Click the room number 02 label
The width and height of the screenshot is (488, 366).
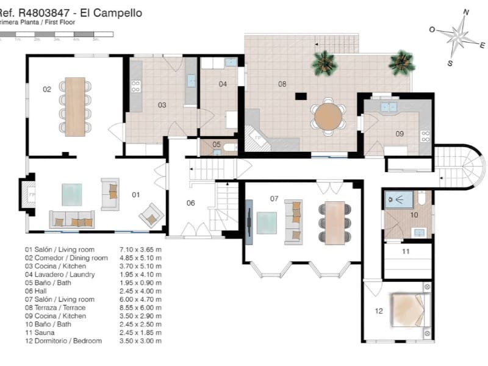pos(47,89)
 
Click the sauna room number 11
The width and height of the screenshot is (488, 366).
pos(406,251)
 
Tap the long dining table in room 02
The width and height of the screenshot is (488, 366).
pos(76,106)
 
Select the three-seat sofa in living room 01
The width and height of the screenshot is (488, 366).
pos(73,220)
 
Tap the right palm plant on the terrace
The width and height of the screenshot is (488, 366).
pos(401,62)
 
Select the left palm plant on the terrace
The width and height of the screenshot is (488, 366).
pos(323,62)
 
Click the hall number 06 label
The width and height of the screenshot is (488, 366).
pos(190,203)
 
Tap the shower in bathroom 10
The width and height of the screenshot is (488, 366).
pos(398,198)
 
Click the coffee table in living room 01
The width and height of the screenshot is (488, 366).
pos(71,195)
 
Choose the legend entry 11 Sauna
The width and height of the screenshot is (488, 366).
pos(42,332)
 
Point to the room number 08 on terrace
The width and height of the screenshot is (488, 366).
pos(282,84)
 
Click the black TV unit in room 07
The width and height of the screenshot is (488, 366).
pos(250,221)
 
